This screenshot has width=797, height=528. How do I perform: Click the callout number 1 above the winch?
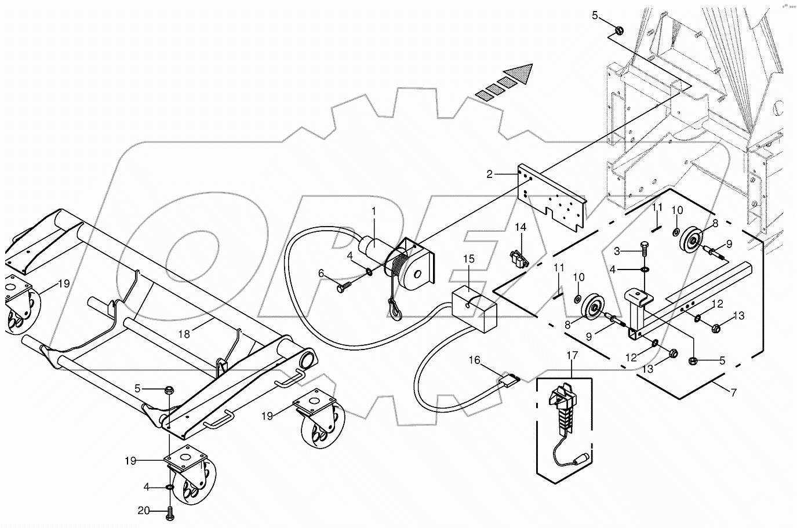374,212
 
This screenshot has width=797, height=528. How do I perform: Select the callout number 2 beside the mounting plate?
490,174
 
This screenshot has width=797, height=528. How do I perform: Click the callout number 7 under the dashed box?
733,393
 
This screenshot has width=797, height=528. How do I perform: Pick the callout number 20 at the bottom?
143,511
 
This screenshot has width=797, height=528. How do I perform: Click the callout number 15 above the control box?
468,273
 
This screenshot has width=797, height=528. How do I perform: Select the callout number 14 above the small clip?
521,228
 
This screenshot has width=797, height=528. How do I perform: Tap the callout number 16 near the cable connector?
475,361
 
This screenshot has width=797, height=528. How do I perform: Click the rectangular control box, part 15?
475,309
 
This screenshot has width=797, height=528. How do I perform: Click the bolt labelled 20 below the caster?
170,512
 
